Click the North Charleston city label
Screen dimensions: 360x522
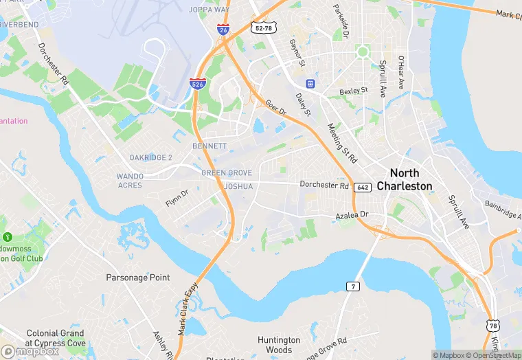coord(411,180)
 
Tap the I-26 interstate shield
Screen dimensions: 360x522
coord(223,29)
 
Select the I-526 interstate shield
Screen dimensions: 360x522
coord(197,84)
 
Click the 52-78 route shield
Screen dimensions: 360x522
coord(264,27)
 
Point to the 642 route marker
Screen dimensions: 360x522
coord(363,187)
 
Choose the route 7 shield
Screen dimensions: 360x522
coord(352,286)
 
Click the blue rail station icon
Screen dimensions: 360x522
coord(310,84)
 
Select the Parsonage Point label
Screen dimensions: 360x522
coord(137,278)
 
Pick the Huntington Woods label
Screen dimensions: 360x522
coord(279,345)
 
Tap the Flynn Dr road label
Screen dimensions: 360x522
coord(177,199)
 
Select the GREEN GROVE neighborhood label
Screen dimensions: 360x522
coord(227,173)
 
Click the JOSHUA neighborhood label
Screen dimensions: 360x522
coord(238,186)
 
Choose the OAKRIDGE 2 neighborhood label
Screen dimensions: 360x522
coord(150,157)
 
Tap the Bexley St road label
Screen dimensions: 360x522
coord(354,91)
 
